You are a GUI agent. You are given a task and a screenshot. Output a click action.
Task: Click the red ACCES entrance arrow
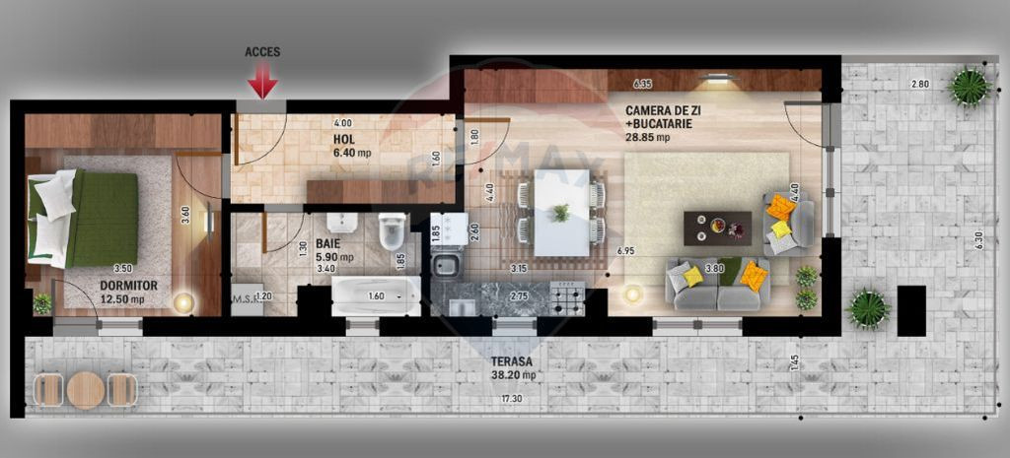click(262, 80)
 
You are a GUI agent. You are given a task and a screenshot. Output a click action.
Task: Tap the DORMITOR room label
click(122, 286)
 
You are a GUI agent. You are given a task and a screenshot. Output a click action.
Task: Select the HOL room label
click(342, 139)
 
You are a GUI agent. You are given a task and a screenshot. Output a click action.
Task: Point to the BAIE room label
click(327, 242)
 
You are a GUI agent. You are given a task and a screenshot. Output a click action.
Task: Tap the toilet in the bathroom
click(391, 231)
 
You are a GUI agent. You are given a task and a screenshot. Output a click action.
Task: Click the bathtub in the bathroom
click(376, 294)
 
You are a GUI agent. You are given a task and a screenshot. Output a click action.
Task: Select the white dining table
click(560, 213)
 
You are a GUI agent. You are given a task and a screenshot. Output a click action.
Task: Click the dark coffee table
click(717, 229)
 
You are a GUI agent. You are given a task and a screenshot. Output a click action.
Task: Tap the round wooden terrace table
click(86, 390)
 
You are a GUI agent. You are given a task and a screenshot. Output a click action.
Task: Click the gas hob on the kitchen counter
click(566, 296)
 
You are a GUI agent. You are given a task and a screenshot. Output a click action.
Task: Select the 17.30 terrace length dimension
click(510, 398)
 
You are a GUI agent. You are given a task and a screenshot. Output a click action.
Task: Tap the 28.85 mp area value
click(647, 138)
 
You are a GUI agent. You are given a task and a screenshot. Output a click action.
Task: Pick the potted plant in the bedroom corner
click(41, 303)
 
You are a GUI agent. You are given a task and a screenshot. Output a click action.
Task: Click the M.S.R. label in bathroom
click(243, 296)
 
